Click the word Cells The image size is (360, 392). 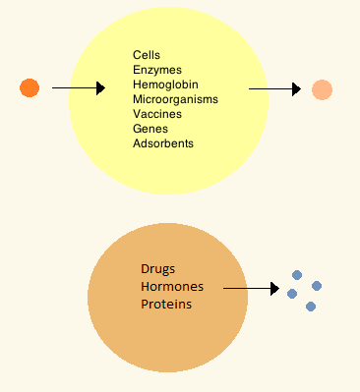click(x=147, y=55)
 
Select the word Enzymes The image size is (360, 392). click(x=157, y=70)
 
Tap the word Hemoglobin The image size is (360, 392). click(x=165, y=84)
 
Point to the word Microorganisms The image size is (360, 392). click(x=175, y=99)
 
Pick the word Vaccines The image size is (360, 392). click(x=157, y=114)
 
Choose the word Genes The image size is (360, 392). click(x=150, y=129)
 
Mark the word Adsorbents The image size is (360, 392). click(x=163, y=143)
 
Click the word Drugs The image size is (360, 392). click(x=157, y=269)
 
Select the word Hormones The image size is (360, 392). click(x=172, y=287)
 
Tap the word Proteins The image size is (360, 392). click(x=166, y=305)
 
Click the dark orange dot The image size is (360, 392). click(x=30, y=87)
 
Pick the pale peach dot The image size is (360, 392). click(x=322, y=89)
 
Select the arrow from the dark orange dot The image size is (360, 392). click(x=79, y=88)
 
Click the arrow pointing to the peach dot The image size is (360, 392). click(x=274, y=88)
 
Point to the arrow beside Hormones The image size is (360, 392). click(x=251, y=289)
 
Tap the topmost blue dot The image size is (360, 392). click(x=297, y=275)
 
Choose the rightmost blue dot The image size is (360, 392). click(x=317, y=286)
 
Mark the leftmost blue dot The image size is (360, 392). click(x=292, y=294)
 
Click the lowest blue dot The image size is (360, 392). click(x=311, y=307)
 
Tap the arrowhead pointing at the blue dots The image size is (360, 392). click(x=275, y=289)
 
